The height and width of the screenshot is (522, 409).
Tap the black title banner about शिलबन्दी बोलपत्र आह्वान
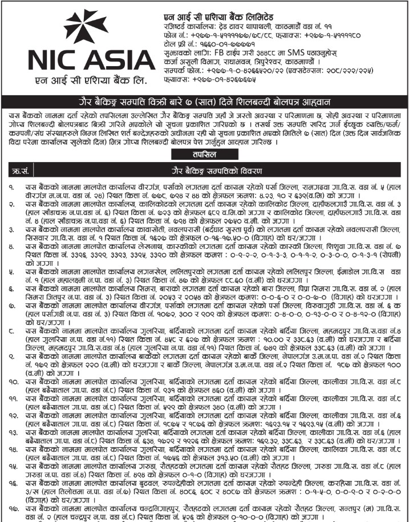(x=204, y=101)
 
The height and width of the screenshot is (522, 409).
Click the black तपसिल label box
(x=204, y=155)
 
